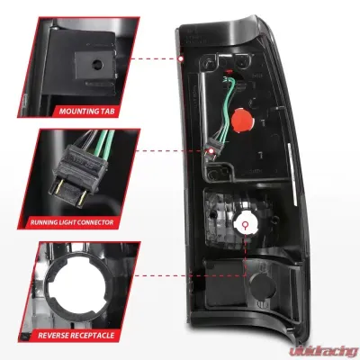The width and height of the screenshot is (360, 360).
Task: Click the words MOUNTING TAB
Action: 86,112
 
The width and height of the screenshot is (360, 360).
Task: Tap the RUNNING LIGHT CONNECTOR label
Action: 72,222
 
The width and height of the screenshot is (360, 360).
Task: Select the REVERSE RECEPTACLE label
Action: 76,335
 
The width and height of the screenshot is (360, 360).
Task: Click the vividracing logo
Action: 323,351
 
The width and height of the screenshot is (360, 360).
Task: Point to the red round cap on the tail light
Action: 243,120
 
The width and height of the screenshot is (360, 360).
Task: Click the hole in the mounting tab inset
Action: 97,64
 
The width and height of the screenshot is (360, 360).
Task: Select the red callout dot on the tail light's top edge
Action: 181,58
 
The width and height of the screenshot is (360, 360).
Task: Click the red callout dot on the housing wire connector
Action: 211,150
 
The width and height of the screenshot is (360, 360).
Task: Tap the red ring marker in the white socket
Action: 246,224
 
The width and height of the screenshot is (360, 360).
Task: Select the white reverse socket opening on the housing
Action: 245,223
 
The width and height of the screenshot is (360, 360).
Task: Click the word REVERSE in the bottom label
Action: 54,335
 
